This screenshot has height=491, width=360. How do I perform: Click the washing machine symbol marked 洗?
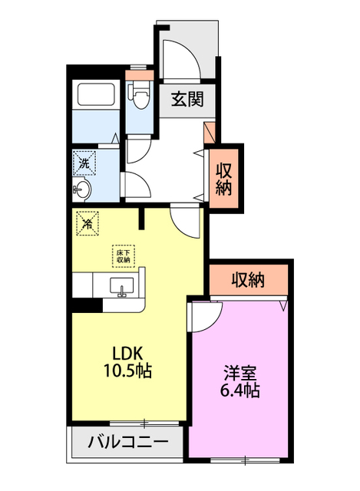[85, 163]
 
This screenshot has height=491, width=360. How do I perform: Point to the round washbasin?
[84, 189]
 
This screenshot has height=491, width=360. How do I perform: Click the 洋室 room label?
[239, 374]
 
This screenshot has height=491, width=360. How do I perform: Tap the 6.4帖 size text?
[240, 391]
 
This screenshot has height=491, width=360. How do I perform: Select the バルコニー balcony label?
[127, 442]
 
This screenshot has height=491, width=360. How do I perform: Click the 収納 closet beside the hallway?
[223, 178]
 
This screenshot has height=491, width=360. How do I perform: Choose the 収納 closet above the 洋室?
[248, 281]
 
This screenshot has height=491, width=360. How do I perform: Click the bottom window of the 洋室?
[245, 460]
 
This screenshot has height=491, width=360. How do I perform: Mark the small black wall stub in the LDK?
[142, 219]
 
